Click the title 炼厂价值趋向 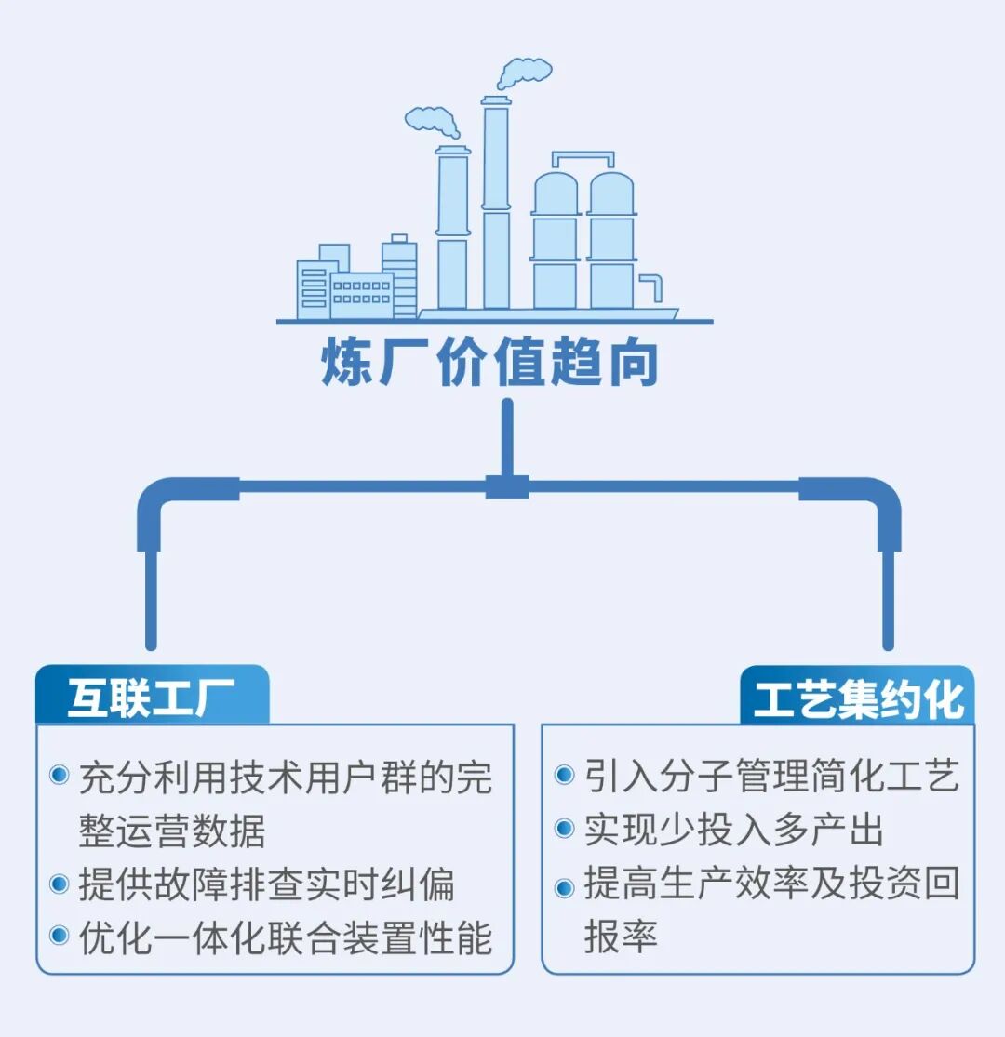[490, 364]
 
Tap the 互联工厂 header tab [151, 698]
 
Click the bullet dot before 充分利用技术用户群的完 [60, 775]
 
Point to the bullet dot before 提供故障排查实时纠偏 [60, 883]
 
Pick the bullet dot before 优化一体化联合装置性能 [60, 936]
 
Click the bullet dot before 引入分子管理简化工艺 [564, 775]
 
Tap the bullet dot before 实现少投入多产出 [564, 828]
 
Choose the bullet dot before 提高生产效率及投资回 [564, 885]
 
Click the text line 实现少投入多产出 [733, 829]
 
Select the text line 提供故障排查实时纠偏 [267, 884]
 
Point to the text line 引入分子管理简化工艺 [771, 775]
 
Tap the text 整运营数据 [173, 830]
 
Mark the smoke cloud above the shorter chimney [433, 120]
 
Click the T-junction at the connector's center [507, 485]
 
